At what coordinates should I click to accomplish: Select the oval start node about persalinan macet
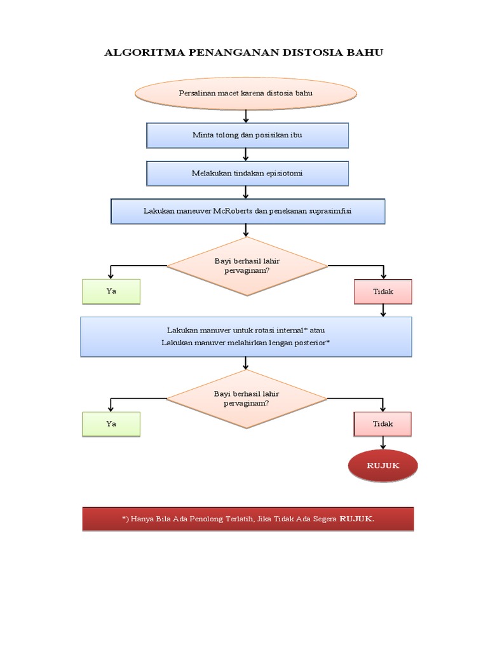coord(246,93)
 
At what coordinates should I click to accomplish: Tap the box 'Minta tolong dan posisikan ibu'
coord(247,135)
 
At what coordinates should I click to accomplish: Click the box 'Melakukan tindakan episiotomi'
coord(247,174)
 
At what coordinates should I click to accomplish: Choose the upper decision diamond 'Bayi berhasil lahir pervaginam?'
coord(247,266)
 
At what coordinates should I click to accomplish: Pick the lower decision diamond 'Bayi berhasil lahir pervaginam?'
coord(247,399)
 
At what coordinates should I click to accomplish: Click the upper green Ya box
coord(111,291)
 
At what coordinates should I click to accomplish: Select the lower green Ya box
coord(111,424)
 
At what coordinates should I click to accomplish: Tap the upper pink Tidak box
coord(383,292)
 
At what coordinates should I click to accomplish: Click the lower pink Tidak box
coord(383,424)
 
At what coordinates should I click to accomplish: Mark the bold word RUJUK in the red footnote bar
coord(356,519)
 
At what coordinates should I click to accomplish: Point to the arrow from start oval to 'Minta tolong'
coord(246,116)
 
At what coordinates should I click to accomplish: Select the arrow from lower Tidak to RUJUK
coord(383,443)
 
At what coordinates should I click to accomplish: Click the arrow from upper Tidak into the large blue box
coord(383,310)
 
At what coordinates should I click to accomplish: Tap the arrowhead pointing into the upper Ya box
coord(111,276)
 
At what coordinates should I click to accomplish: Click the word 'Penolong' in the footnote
coord(207,519)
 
